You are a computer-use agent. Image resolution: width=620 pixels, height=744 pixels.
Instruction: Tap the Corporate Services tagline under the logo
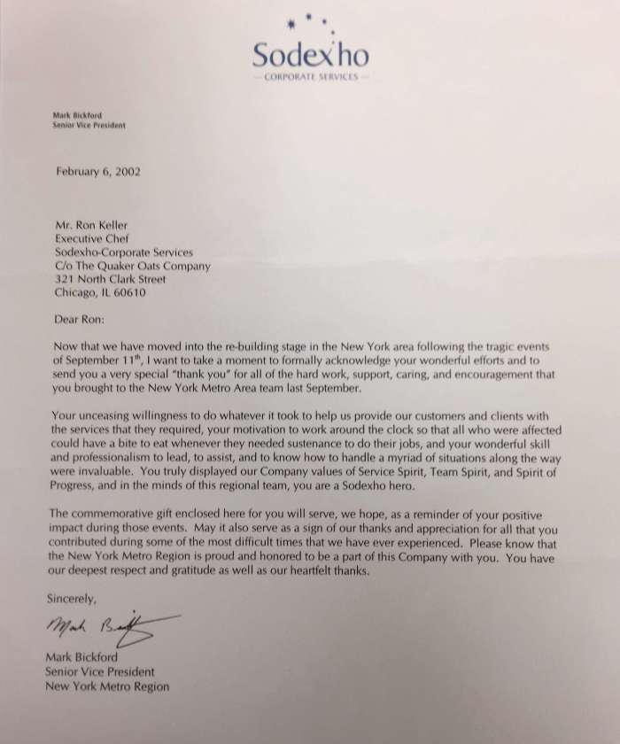310,78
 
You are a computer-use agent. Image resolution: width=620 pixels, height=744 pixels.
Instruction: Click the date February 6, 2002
97,172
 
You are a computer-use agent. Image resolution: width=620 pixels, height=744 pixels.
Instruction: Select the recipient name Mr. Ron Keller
92,225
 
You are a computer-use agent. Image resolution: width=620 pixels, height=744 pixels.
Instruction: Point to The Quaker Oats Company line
133,266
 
